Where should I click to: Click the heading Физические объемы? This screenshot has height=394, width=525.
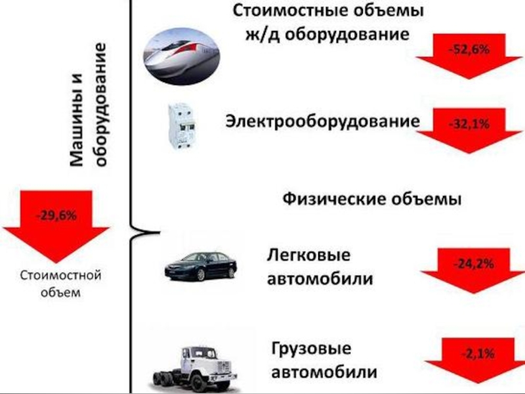coord(372,198)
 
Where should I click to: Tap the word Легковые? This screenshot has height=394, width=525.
coord(309,253)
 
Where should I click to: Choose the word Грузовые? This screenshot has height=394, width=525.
coord(311,348)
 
